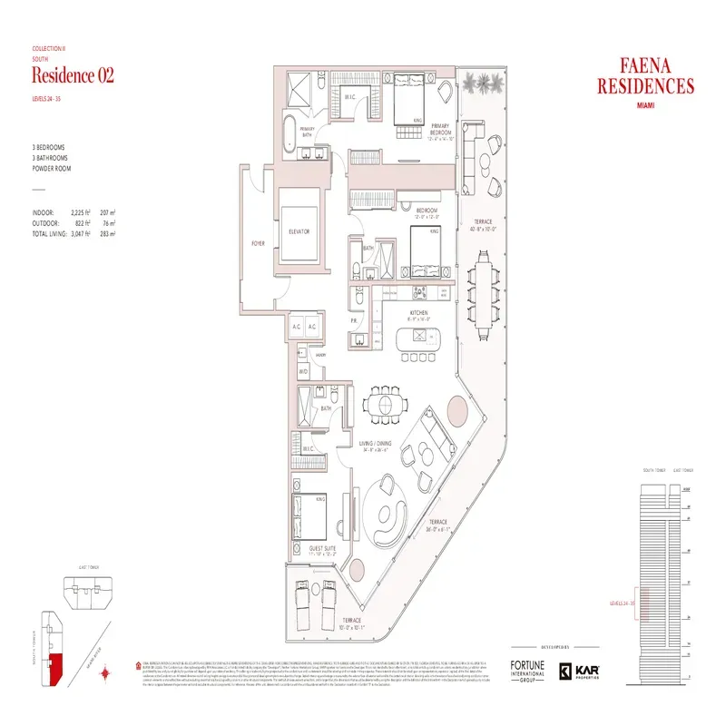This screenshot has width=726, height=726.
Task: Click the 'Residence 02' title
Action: click(x=73, y=75)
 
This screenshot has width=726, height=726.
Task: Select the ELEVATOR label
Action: click(x=299, y=231)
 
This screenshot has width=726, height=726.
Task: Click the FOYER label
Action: click(x=257, y=244)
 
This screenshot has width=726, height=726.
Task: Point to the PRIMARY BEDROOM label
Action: click(x=442, y=128)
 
